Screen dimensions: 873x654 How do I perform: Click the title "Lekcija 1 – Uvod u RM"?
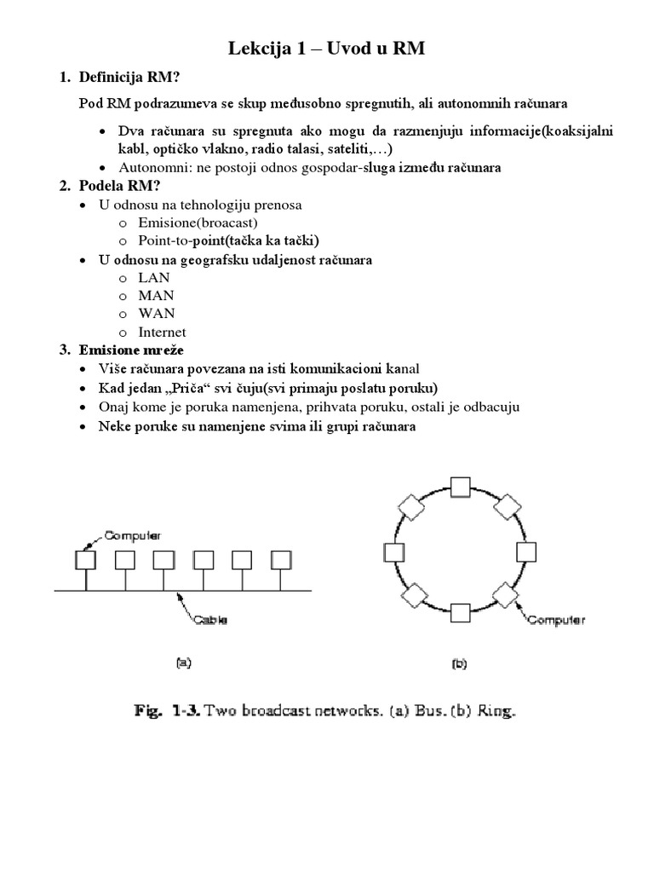point(326,50)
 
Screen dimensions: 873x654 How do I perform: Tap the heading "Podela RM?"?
point(119,186)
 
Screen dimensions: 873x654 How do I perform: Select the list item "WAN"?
point(156,314)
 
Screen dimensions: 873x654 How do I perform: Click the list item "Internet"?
point(162,332)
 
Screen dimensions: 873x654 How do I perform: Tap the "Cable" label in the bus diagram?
point(209,620)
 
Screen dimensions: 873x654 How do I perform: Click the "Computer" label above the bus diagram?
point(132,535)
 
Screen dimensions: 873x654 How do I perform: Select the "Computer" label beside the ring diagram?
point(557,620)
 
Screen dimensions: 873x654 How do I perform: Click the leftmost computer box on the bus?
point(85,559)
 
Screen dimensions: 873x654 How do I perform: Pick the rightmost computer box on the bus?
point(281,559)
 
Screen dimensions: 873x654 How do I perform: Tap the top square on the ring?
point(461,487)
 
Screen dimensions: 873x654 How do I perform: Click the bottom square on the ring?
point(461,612)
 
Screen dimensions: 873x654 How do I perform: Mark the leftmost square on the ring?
point(394,552)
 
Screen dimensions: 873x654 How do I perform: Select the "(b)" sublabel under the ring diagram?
point(460,662)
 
